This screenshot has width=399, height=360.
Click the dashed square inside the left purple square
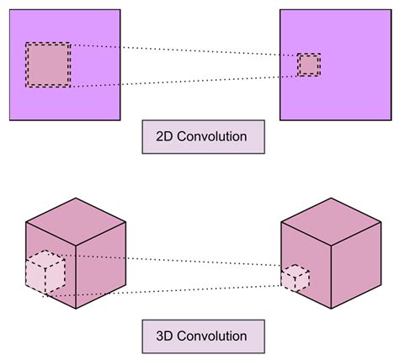coord(48,65)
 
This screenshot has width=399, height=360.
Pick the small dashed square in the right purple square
coord(309,65)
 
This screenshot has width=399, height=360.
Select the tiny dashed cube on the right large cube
coord(295,278)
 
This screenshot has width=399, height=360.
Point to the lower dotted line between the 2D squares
coord(185,81)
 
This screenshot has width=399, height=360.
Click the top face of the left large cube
coord(77,223)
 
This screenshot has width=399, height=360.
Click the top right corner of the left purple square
coord(120,9)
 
